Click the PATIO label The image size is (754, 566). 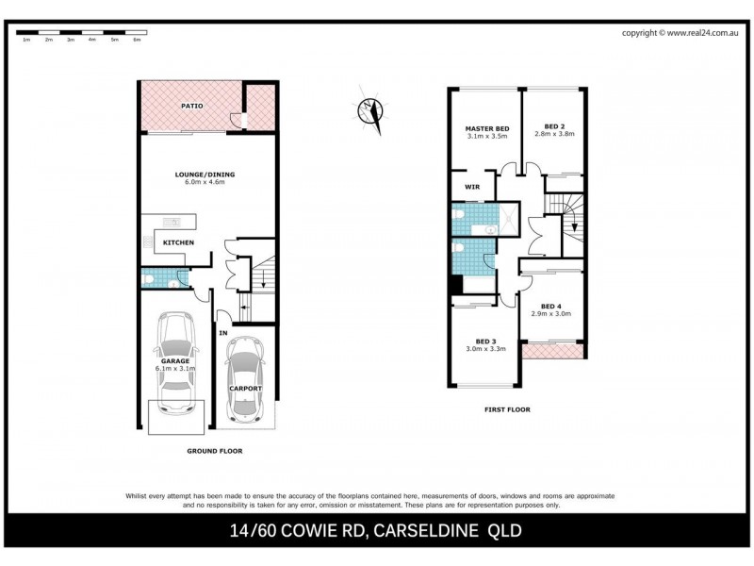coord(192,106)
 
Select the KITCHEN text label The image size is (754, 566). coord(178,243)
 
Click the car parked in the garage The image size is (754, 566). coord(176,363)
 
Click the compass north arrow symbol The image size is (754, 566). coord(370,111)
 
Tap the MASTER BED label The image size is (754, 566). coord(486,128)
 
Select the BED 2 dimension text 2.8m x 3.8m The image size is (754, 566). coord(553,135)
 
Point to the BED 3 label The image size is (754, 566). coord(485,341)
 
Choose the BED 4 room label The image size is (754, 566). coord(551,305)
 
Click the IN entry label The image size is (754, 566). coord(223,333)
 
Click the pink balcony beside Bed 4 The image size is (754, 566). coord(553,352)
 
